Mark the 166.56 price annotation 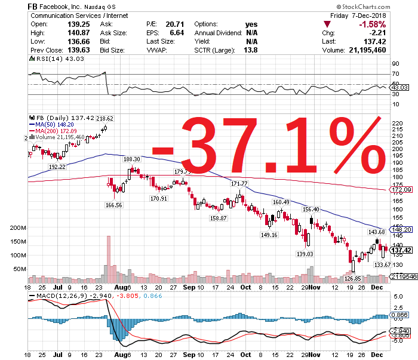pyautogui.click(x=113, y=205)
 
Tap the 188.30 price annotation pyautogui.click(x=131, y=159)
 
